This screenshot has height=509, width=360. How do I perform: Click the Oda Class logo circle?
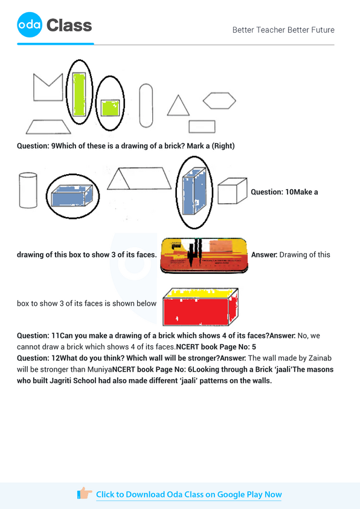coord(30,25)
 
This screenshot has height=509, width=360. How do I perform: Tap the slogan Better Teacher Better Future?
coord(283,30)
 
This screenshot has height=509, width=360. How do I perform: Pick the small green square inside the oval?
coord(109,108)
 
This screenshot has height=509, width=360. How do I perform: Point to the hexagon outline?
coord(219,100)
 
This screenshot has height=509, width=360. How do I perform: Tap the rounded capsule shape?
coord(146,103)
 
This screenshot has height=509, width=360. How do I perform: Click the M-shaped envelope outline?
coord(48,86)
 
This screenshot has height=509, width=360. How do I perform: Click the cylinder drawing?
coord(28,190)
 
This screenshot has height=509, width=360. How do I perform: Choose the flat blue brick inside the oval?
coord(71,195)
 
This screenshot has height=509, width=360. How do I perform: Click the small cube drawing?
coord(232,191)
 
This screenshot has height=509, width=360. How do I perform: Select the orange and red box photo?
coord(204,255)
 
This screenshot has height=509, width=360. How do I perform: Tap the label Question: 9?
coord(36,146)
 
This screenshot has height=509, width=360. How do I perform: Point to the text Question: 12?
coord(37,358)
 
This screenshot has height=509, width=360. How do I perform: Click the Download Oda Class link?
coord(188,494)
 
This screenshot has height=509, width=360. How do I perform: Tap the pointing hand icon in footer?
coord(85,494)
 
